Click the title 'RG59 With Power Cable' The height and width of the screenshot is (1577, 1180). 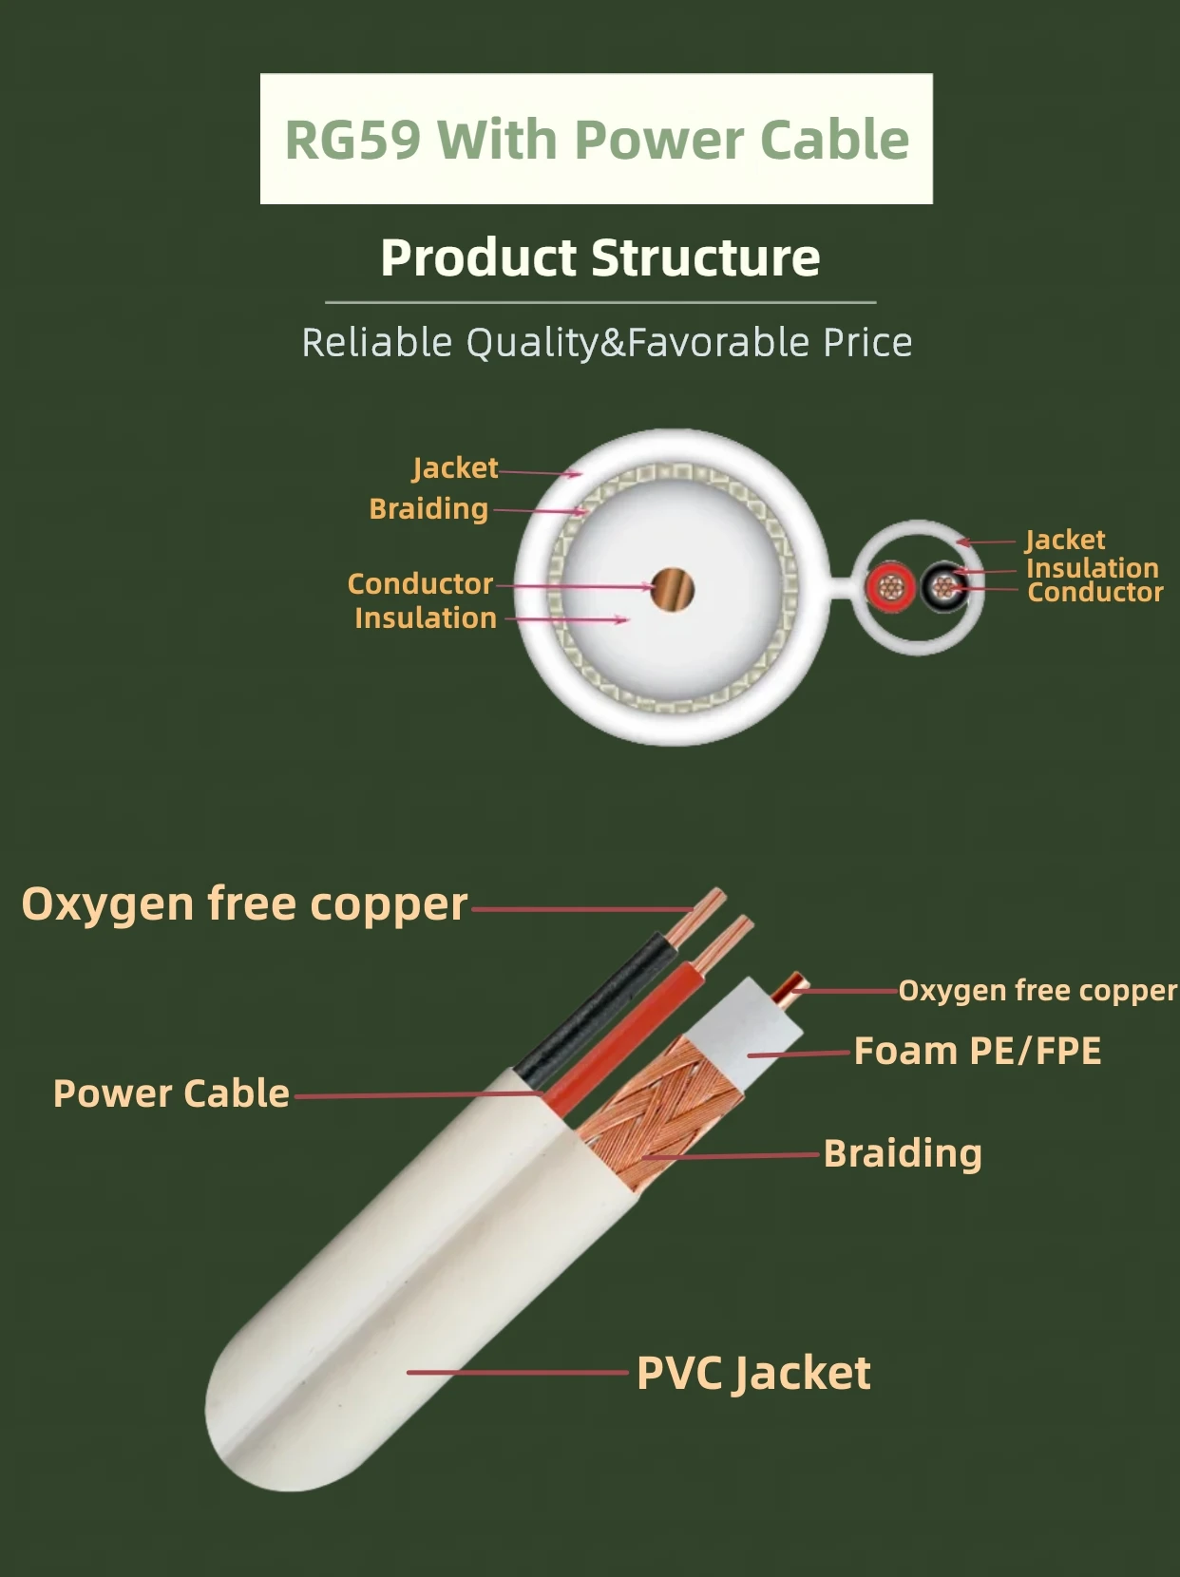(597, 139)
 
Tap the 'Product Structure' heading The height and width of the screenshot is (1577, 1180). (600, 257)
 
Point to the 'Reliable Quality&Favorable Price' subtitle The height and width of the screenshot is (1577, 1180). (606, 342)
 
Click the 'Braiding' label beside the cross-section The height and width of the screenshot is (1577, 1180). (428, 508)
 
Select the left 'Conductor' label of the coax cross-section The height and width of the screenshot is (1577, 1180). (420, 583)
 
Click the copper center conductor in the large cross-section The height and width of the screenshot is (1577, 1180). (673, 589)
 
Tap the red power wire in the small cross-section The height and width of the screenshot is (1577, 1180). (890, 587)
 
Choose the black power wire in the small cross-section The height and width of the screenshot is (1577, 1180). (943, 587)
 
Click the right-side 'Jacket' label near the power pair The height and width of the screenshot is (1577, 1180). (1065, 540)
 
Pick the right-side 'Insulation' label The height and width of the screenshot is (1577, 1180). (1092, 567)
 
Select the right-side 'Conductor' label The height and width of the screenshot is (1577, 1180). (1094, 592)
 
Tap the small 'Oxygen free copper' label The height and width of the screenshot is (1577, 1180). (1037, 990)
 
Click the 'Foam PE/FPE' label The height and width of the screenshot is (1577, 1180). (977, 1051)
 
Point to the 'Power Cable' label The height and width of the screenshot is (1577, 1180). (171, 1093)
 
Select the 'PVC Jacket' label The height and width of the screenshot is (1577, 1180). (753, 1373)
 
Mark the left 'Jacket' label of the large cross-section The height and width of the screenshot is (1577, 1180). (455, 467)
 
